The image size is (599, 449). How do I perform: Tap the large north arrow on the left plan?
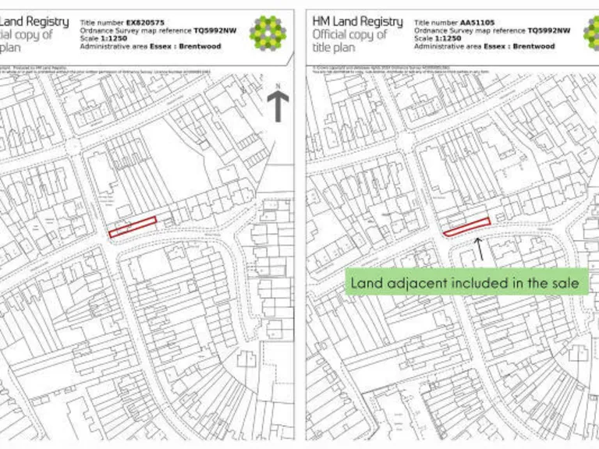[x=278, y=105]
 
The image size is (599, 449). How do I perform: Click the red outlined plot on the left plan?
[x=133, y=227]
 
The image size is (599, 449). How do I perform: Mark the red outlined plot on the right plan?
[x=466, y=227]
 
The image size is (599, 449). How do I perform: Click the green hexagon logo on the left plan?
[x=268, y=34]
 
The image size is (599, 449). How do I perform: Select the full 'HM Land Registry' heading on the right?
[x=357, y=21]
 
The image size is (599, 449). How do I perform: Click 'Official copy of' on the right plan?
[x=349, y=35]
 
